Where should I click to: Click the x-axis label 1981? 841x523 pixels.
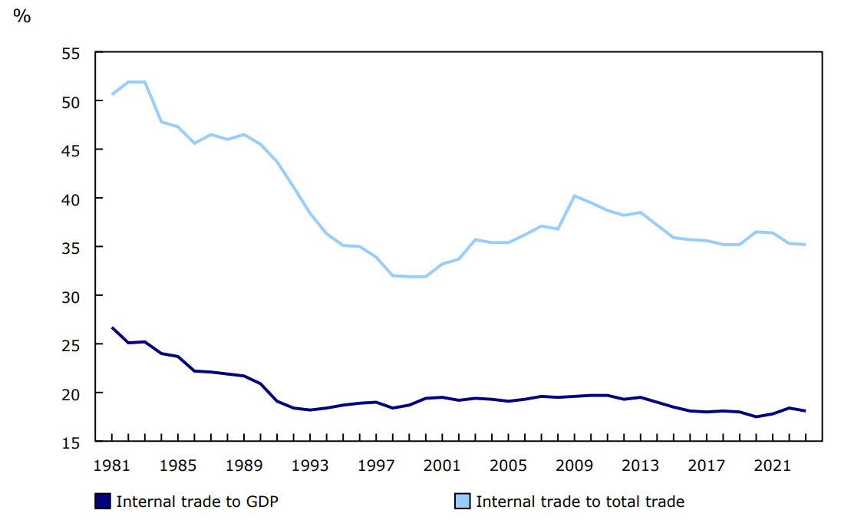(x=112, y=465)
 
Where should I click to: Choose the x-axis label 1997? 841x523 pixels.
(x=376, y=465)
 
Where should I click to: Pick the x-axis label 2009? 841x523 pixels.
(x=574, y=465)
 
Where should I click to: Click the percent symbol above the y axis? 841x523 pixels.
(x=21, y=16)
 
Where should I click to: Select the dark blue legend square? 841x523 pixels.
(x=103, y=502)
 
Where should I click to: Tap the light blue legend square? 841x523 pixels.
(x=463, y=502)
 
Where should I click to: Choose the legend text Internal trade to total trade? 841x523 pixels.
(x=580, y=502)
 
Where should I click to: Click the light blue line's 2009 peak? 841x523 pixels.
(x=574, y=196)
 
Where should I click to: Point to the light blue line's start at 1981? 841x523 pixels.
(x=112, y=94)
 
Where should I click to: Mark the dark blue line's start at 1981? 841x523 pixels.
(x=112, y=327)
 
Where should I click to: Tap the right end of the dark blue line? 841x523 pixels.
(x=805, y=411)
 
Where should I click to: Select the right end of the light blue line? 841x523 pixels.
(x=805, y=245)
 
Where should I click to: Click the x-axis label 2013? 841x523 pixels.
(x=640, y=465)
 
